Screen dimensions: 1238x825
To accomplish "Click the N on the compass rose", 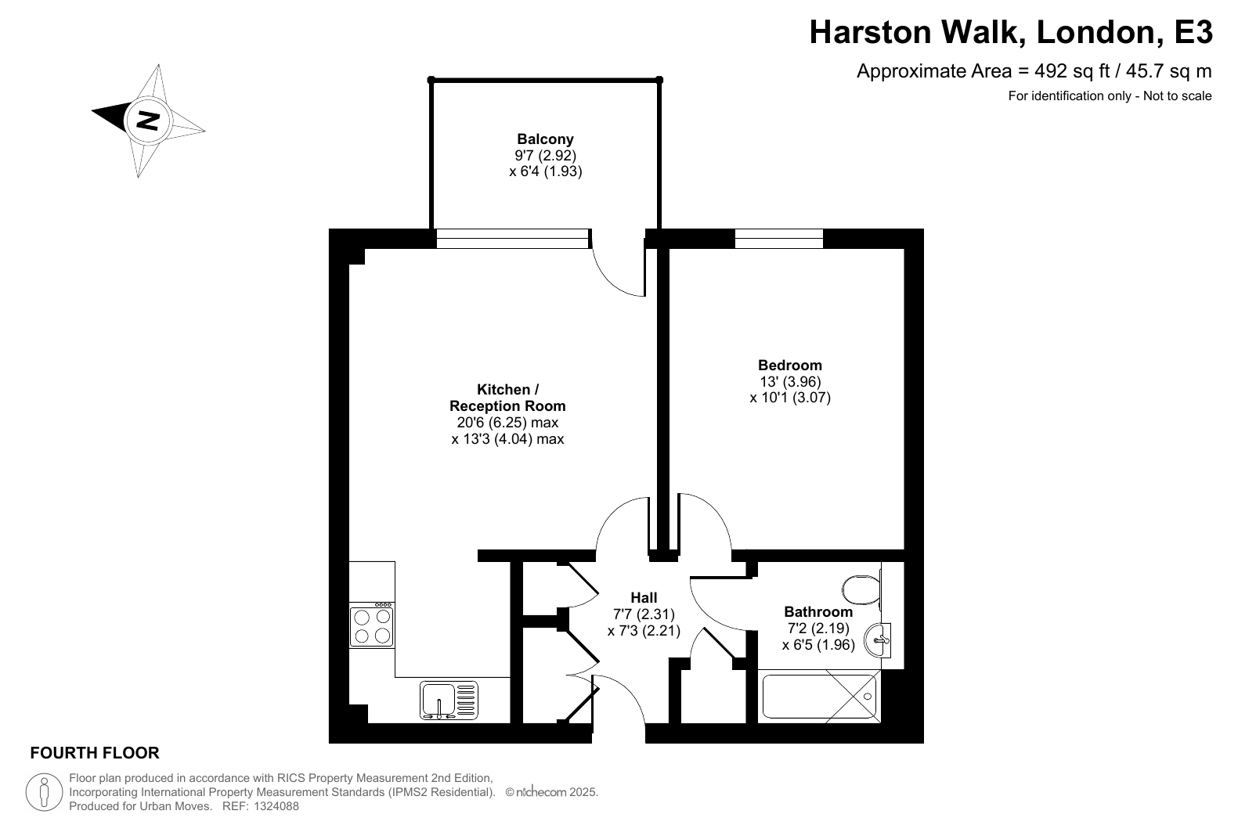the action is click(x=148, y=120).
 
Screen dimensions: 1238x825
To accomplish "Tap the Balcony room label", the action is click(x=545, y=139).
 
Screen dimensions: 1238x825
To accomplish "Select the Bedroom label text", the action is click(x=790, y=366).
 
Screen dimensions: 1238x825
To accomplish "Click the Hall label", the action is click(x=644, y=597).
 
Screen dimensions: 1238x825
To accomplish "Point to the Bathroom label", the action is click(x=818, y=611).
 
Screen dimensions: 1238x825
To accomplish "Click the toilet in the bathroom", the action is click(x=861, y=589).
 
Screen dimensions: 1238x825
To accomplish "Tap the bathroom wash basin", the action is click(x=878, y=640).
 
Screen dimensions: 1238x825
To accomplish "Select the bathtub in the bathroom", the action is click(x=819, y=697).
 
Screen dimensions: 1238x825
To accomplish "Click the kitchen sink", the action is click(x=449, y=700).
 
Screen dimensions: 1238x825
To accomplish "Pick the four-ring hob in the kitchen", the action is click(x=372, y=625).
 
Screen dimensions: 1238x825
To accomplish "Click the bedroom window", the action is click(x=778, y=239).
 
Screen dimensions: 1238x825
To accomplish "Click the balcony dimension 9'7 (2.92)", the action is click(x=546, y=155).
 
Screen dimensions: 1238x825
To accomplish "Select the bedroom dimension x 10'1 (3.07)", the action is click(x=790, y=398).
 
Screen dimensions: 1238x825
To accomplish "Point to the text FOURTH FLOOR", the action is click(x=95, y=753).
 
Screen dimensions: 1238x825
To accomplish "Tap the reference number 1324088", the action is click(x=276, y=806).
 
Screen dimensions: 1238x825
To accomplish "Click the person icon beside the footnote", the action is click(x=44, y=792).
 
